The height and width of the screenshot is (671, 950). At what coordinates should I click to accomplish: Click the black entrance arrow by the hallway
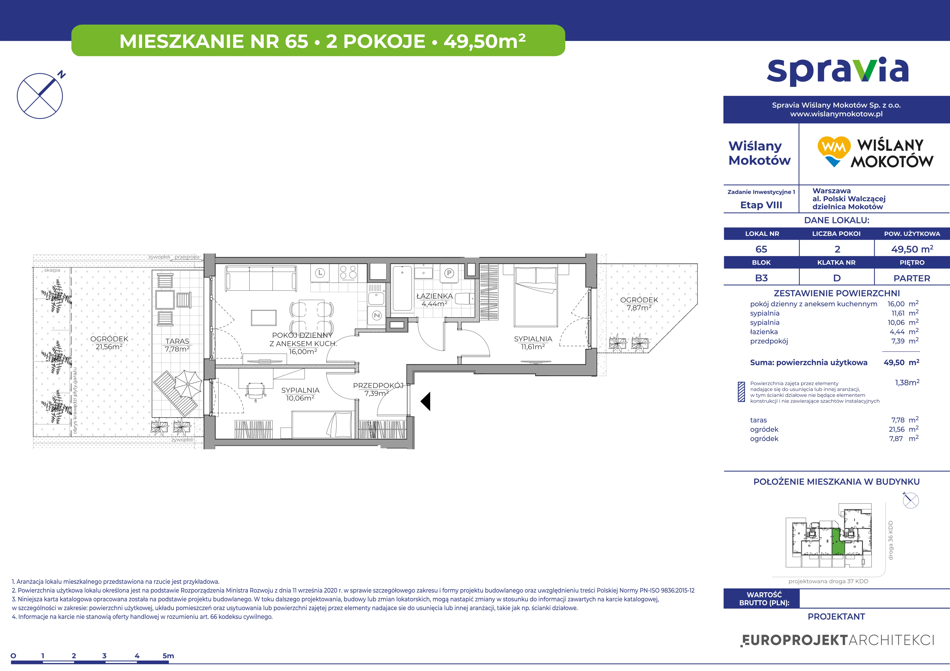click(x=426, y=401)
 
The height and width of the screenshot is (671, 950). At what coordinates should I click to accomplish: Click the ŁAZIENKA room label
click(x=434, y=296)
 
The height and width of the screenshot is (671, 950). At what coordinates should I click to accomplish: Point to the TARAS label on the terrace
click(x=177, y=341)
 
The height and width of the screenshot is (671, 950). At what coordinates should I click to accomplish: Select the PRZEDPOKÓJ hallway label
click(x=378, y=385)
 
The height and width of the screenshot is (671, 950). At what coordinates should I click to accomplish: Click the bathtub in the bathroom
click(x=402, y=288)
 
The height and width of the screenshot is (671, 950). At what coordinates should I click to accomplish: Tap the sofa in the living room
click(x=261, y=279)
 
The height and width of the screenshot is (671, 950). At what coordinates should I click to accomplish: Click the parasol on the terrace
click(x=188, y=384)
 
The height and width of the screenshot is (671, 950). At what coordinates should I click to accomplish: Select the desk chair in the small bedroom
click(x=255, y=391)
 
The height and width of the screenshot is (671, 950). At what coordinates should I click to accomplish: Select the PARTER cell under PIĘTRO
click(x=912, y=278)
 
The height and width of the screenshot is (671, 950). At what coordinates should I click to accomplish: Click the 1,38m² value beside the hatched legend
click(x=907, y=382)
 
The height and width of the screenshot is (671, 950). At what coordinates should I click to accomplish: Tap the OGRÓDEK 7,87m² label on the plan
click(x=639, y=303)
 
